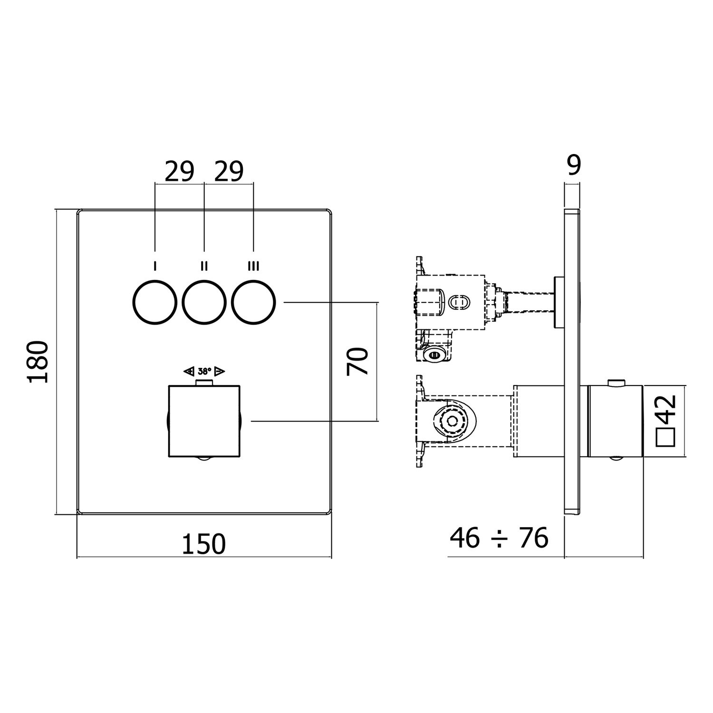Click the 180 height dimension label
click(x=38, y=361)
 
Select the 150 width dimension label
click(x=204, y=544)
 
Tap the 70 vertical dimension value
click(x=357, y=361)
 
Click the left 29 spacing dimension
click(x=179, y=172)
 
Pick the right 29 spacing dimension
click(x=229, y=172)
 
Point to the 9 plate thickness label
click(x=574, y=165)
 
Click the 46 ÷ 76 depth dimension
click(x=499, y=538)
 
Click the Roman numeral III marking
click(x=253, y=266)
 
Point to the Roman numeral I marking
click(x=154, y=266)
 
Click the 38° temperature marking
click(x=204, y=371)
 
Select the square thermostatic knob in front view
click(x=204, y=421)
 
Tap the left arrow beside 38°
click(x=189, y=371)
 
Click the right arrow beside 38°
click(x=220, y=371)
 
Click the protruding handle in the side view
click(x=616, y=421)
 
